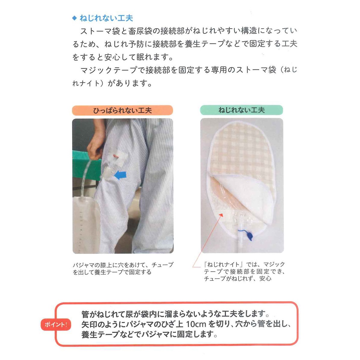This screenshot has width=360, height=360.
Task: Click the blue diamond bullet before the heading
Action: pyautogui.click(x=74, y=18)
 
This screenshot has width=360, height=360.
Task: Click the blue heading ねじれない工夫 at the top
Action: pyautogui.click(x=106, y=18)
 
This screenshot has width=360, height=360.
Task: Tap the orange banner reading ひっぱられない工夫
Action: pyautogui.click(x=122, y=111)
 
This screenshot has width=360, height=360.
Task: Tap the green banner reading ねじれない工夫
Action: pyautogui.click(x=242, y=110)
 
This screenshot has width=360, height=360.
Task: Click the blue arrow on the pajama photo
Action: pyautogui.click(x=120, y=175)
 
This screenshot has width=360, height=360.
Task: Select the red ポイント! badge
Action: pyautogui.click(x=56, y=324)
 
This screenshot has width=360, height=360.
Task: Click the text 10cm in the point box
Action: pyautogui.click(x=196, y=324)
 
